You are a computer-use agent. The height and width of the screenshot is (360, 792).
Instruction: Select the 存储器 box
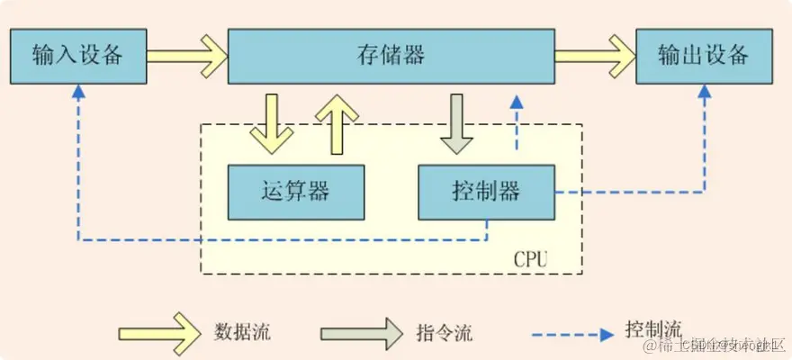tap(390, 56)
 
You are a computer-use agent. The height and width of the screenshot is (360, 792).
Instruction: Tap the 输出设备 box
tap(704, 56)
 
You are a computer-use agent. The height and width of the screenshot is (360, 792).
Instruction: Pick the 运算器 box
tap(296, 192)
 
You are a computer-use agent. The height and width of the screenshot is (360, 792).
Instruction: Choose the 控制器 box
tap(485, 192)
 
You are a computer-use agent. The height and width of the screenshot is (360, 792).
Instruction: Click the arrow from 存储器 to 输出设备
tap(594, 56)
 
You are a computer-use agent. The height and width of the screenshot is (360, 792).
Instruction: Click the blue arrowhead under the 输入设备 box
tap(78, 92)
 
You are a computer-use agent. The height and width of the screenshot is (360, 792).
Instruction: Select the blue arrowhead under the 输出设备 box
tap(704, 92)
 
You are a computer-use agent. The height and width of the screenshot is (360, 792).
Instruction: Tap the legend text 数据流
tap(242, 331)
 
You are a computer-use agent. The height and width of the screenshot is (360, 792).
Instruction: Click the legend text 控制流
tap(652, 329)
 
